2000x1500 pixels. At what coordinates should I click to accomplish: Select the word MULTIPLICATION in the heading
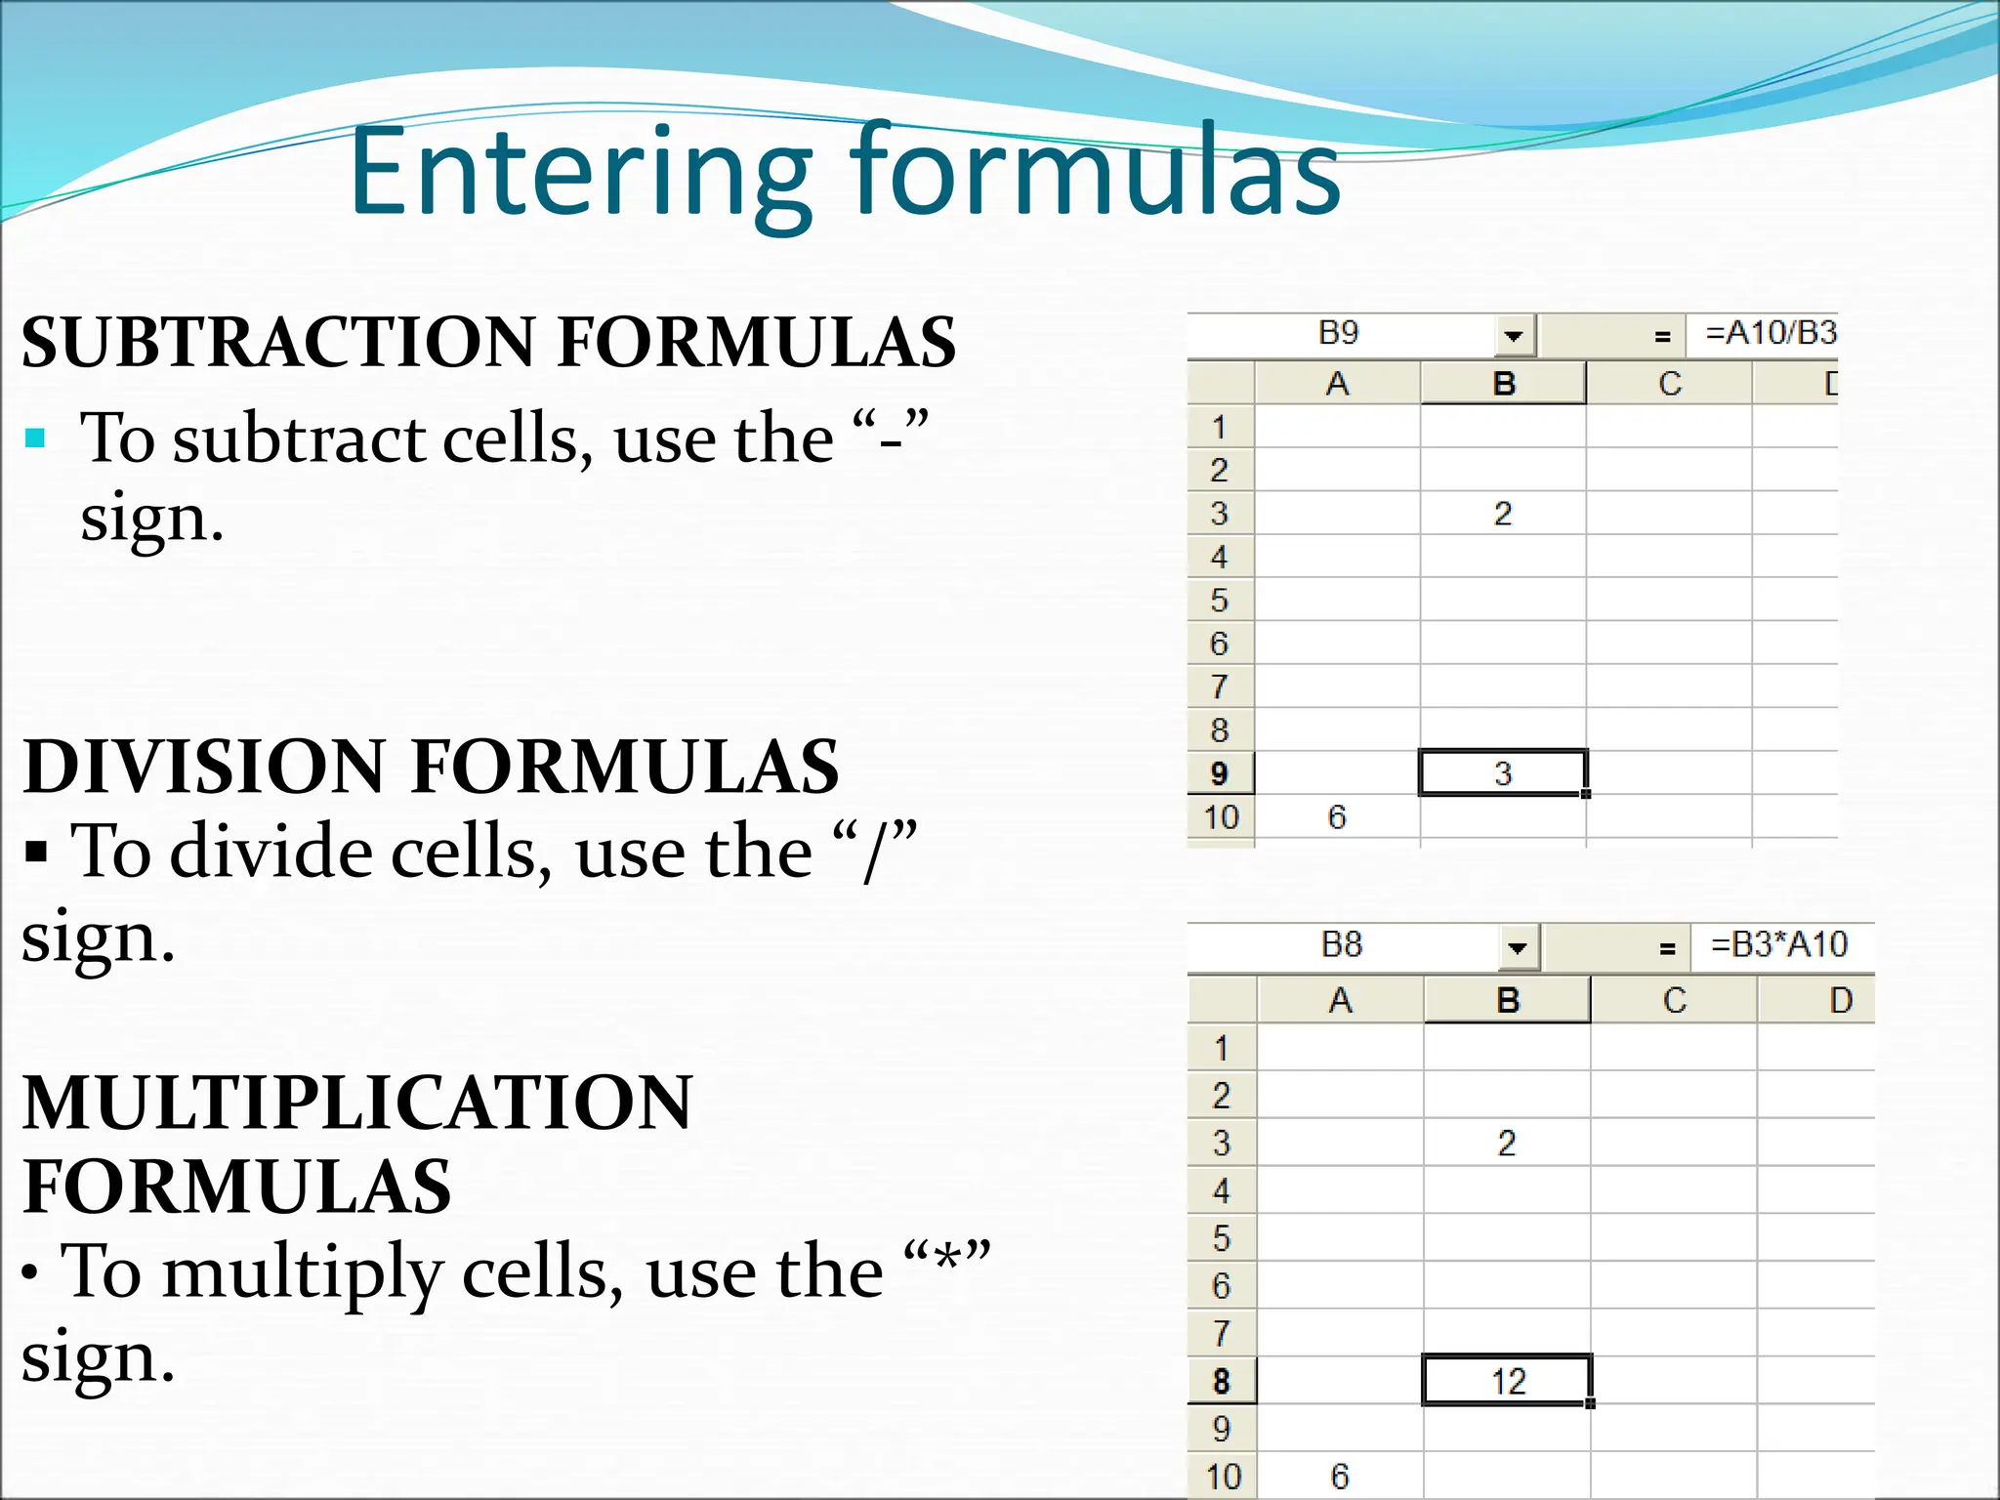(x=357, y=1103)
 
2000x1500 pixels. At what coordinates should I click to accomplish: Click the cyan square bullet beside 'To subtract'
(x=36, y=438)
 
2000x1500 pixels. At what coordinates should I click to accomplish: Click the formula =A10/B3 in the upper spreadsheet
(x=1770, y=334)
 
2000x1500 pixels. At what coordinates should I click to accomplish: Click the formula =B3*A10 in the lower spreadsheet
(x=1778, y=945)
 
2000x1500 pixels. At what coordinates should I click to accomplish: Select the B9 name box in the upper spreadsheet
(x=1338, y=334)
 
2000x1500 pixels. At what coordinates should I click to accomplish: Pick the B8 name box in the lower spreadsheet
(x=1341, y=945)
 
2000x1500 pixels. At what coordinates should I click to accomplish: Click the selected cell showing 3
(x=1502, y=773)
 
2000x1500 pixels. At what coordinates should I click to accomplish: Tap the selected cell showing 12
(x=1507, y=1381)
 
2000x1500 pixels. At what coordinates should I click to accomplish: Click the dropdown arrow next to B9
(x=1514, y=337)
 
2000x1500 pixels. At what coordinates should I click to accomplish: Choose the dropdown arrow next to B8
(x=1518, y=948)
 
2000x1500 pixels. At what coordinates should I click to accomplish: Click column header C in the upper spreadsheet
(x=1669, y=384)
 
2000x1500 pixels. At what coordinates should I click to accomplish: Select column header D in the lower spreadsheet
(x=1841, y=1001)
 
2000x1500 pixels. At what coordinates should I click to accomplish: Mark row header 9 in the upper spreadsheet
(x=1219, y=773)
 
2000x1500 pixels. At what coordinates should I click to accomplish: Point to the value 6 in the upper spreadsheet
(x=1337, y=817)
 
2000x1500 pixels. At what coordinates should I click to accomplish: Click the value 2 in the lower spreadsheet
(x=1507, y=1143)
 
